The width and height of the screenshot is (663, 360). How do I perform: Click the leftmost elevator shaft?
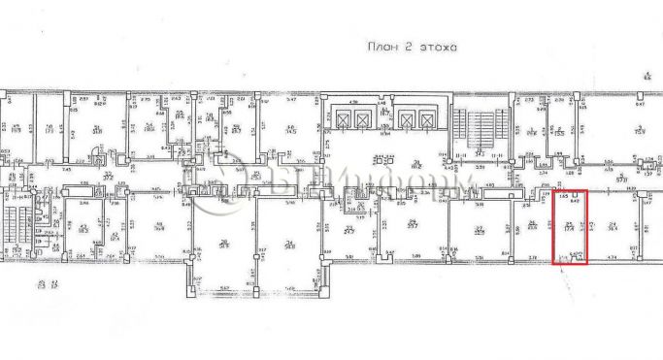coord(342,119)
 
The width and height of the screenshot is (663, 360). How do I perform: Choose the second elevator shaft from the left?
coord(363,119)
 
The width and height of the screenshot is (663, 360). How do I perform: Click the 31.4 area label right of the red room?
coord(613,229)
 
